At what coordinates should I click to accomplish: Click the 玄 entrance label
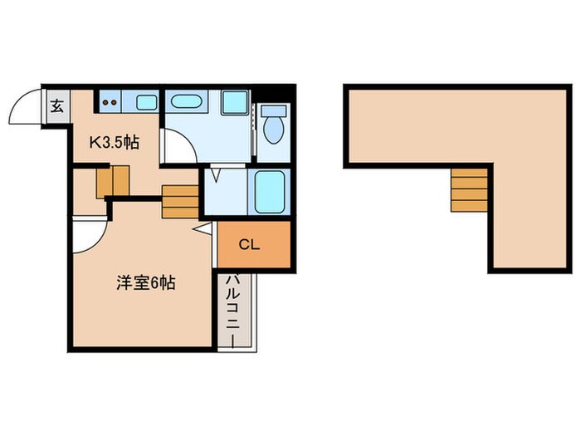[57, 105]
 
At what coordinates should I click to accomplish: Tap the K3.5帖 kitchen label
[114, 142]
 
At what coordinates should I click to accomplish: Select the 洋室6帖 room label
[144, 282]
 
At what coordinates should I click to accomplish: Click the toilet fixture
[272, 125]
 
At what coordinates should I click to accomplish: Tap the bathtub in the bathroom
[269, 192]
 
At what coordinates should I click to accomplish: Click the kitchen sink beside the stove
[144, 102]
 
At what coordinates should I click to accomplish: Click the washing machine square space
[233, 102]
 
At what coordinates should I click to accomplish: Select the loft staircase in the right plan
[470, 188]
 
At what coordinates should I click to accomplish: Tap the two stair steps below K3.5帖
[112, 180]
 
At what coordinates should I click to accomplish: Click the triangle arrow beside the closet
[202, 228]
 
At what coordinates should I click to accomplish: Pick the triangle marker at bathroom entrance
[216, 174]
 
